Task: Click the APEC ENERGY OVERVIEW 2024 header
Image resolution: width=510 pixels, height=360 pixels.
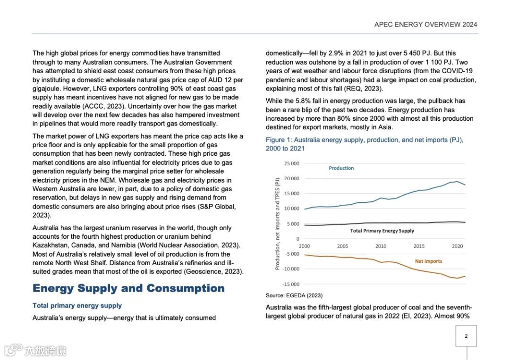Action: pyautogui.click(x=425, y=25)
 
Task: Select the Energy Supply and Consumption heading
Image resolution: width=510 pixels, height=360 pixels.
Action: pyautogui.click(x=128, y=288)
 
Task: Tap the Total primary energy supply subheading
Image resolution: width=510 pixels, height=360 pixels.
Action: pyautogui.click(x=77, y=306)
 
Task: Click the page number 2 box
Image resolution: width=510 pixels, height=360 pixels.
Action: pyautogui.click(x=466, y=336)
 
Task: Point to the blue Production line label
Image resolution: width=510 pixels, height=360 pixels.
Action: pyautogui.click(x=341, y=168)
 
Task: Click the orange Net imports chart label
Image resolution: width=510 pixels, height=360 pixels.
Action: pyautogui.click(x=428, y=261)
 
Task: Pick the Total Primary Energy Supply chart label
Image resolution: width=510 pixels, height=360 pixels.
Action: pyautogui.click(x=382, y=231)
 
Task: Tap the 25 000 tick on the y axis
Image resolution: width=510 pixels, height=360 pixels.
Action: pyautogui.click(x=291, y=163)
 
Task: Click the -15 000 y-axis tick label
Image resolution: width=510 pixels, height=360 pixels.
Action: pyautogui.click(x=291, y=284)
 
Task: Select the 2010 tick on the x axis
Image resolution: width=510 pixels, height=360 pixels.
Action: pyautogui.click(x=381, y=246)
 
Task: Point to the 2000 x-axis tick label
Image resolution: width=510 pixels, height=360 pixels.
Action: pyautogui.click(x=304, y=246)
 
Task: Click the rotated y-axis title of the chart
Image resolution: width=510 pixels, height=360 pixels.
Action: pyautogui.click(x=278, y=224)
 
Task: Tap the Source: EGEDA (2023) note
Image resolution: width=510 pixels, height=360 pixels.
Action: pyautogui.click(x=294, y=295)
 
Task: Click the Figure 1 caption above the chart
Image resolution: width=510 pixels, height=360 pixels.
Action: pyautogui.click(x=365, y=144)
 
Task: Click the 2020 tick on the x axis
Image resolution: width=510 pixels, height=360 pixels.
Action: pyautogui.click(x=457, y=246)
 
